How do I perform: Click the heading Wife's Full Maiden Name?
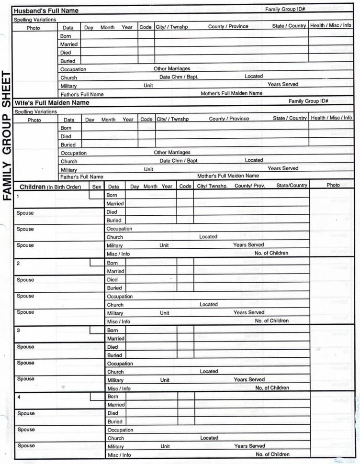[x=52, y=102]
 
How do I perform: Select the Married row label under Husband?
[x=69, y=44]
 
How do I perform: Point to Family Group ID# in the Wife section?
[x=308, y=101]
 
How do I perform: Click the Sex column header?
[x=97, y=187]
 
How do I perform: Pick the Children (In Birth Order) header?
[x=50, y=187]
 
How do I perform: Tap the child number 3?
[x=18, y=331]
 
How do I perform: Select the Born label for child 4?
[x=112, y=397]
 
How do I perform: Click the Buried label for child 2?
[x=114, y=288]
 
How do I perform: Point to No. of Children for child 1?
[x=271, y=253]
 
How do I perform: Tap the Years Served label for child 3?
[x=249, y=379]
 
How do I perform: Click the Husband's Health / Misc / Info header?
[x=331, y=26]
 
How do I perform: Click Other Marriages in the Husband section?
[x=172, y=68]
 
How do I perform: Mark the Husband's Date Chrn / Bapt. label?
[x=179, y=77]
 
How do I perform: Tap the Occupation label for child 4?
[x=120, y=430]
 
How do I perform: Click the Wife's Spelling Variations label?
[x=35, y=111]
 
